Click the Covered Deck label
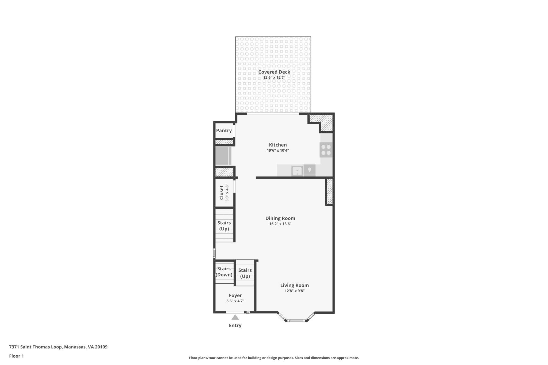click(274, 72)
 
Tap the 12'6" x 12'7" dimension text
click(274, 78)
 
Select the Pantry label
click(224, 130)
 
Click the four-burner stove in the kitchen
click(326, 150)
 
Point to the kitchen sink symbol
click(297, 171)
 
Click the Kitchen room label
click(278, 145)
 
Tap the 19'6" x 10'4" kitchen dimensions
click(278, 151)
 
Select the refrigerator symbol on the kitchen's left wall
click(223, 156)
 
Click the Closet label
click(222, 193)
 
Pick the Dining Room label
click(280, 218)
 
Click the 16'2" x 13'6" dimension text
click(280, 224)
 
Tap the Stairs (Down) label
click(224, 272)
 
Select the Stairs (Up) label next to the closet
click(224, 226)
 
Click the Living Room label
click(294, 285)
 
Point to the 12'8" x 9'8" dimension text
click(294, 291)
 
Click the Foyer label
click(235, 295)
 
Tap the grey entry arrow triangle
click(235, 318)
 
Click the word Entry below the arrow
click(235, 325)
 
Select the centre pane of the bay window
click(296, 320)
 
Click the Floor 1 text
click(16, 356)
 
